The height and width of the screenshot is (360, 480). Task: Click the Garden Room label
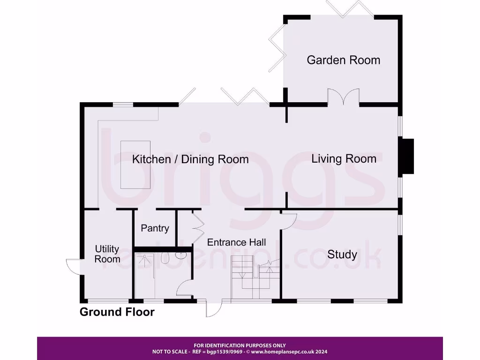tap(343, 60)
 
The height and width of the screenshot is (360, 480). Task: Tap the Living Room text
tap(344, 159)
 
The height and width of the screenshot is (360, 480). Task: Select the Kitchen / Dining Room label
tap(190, 159)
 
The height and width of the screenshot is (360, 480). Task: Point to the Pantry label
tap(155, 228)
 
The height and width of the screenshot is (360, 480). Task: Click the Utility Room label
tap(107, 254)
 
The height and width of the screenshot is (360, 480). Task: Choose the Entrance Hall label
tap(236, 242)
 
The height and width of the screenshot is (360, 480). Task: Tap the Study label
tap(342, 255)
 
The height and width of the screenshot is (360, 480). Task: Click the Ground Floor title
tap(117, 312)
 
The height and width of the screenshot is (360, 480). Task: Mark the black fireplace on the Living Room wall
tap(407, 157)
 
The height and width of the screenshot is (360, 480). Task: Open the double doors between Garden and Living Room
tap(343, 97)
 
